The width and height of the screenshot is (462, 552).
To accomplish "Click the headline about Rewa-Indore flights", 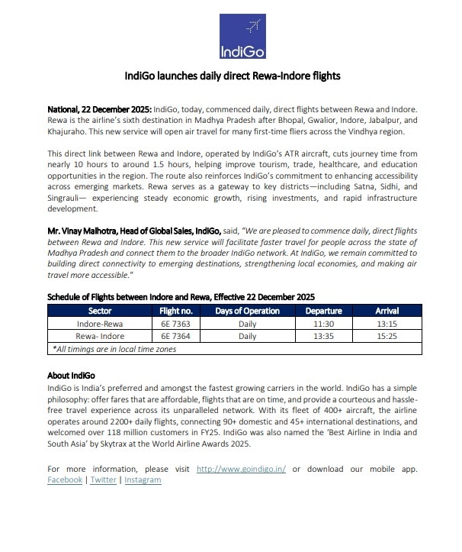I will [232, 76].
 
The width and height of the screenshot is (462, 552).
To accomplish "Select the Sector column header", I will [100, 311].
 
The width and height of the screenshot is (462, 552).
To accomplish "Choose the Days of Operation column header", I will [246, 311].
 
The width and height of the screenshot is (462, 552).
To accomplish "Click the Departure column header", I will [323, 311].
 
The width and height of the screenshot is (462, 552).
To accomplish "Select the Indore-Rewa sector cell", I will [100, 323].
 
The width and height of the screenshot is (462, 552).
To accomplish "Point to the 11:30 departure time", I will [323, 323].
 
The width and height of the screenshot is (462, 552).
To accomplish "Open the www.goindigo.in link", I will [241, 468].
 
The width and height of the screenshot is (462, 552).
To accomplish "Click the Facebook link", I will [65, 479].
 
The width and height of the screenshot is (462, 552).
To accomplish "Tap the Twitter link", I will [103, 479].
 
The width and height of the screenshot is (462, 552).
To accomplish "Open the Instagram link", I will [143, 479].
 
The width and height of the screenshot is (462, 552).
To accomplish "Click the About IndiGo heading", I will [70, 376].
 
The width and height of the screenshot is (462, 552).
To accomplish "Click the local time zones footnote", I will [114, 348].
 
